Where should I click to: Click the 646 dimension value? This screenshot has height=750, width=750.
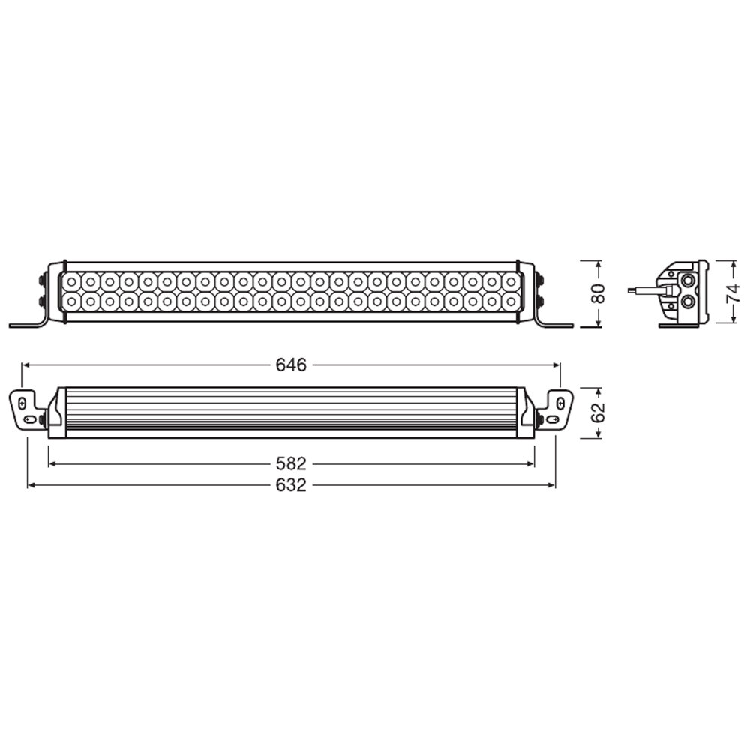click(291, 364)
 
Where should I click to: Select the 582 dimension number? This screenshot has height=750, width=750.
click(291, 465)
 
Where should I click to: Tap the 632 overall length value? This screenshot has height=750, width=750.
click(291, 486)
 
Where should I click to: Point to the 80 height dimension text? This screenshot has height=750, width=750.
click(598, 293)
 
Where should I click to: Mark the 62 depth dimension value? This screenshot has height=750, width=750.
click(598, 412)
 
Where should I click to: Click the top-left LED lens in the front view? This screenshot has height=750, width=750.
click(72, 282)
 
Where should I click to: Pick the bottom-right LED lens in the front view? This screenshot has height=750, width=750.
click(511, 301)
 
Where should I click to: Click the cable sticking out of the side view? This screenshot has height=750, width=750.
click(642, 289)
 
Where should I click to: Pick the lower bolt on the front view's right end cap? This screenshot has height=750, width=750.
click(541, 301)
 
